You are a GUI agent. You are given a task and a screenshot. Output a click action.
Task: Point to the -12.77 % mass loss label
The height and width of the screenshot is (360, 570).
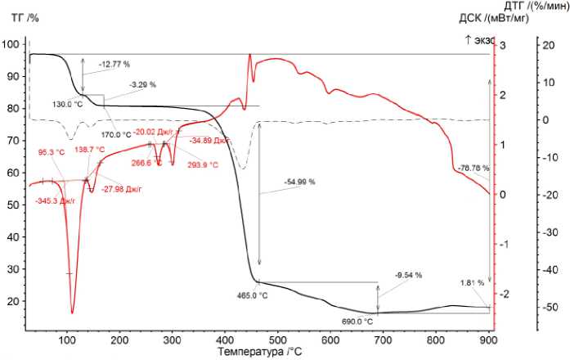coord(114,63)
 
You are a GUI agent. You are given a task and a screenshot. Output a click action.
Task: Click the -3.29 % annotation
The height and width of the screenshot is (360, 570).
coord(142,84)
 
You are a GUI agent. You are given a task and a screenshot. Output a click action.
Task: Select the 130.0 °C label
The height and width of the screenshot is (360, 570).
coord(67,104)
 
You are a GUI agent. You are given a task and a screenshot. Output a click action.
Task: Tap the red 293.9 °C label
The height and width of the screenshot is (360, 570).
coord(203,164)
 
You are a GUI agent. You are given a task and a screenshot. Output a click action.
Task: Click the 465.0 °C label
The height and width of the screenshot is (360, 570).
coord(251,295)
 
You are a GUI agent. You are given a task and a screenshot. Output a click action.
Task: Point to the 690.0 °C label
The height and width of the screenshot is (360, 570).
coord(357,322)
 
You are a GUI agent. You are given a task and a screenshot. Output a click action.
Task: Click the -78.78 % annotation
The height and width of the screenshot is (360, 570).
coord(474,169)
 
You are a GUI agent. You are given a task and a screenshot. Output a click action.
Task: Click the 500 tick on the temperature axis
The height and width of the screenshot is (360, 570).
coord(278,338)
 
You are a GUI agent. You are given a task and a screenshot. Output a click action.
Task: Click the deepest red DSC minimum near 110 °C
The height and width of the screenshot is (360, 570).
coord(72,313)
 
